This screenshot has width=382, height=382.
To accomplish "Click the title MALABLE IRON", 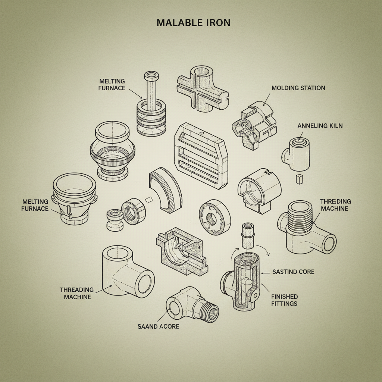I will [x=193, y=22].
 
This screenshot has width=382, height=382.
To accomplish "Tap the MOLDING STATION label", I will [x=298, y=88].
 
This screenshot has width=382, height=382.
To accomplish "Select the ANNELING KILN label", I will [x=320, y=126].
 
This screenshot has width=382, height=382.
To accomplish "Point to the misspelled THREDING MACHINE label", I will [x=335, y=205].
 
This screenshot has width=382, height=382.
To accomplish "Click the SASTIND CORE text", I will [x=293, y=272].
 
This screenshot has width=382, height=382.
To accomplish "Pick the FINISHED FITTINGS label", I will [x=284, y=300].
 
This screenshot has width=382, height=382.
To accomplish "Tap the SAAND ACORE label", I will [x=159, y=326].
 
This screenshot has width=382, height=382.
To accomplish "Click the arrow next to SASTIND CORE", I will [x=265, y=273].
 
